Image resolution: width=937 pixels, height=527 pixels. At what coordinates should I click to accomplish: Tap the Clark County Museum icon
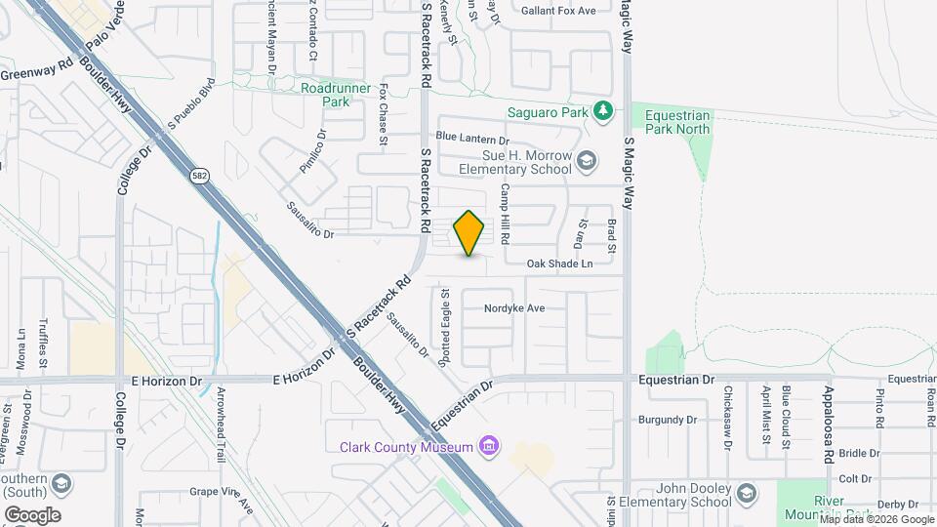tap(489, 447)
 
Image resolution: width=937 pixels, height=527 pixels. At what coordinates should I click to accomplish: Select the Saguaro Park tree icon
tap(604, 111)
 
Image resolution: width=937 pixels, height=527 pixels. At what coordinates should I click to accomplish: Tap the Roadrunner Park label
tap(336, 95)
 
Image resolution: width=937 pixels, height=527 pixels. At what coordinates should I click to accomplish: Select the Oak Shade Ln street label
tap(559, 263)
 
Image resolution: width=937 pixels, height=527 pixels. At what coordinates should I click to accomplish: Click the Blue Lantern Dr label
tap(472, 138)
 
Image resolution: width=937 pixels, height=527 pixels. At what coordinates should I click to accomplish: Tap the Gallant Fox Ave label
tap(557, 11)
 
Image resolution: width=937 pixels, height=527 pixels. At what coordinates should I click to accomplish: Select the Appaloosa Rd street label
tap(827, 424)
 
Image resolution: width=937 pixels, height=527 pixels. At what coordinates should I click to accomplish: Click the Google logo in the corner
tap(32, 514)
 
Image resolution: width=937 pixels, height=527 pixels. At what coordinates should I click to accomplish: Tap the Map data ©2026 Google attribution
tap(876, 519)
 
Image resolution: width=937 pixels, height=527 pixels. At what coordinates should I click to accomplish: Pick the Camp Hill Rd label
tap(506, 214)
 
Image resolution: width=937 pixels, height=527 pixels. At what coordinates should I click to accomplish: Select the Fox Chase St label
tap(385, 115)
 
